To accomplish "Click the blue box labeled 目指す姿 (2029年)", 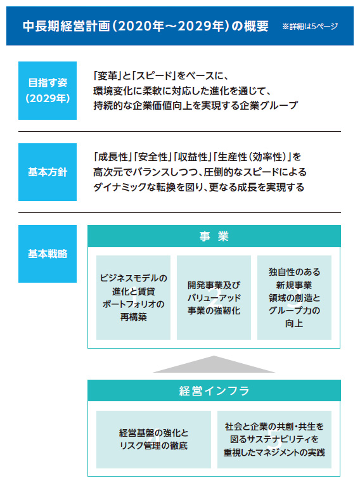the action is click(48, 91).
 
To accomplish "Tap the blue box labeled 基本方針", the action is click(48, 172).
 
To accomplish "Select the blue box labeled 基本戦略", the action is click(48, 254).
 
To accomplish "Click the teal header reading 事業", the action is click(214, 236).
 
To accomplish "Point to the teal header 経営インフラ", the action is click(214, 390).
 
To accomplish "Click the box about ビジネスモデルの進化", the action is click(133, 297).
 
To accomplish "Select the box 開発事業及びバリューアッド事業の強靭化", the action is click(214, 297).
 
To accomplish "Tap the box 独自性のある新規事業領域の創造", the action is click(294, 297).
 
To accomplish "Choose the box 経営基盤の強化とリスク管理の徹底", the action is click(153, 439).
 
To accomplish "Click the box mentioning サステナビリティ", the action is click(274, 439).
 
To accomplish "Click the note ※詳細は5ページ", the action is click(310, 26).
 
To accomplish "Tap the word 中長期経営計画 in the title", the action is click(66, 26).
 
